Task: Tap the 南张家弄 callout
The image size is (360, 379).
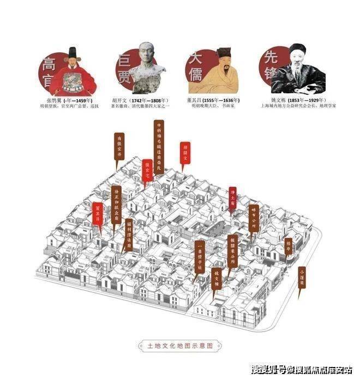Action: click(119, 146)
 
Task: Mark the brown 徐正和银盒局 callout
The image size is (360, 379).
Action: click(116, 204)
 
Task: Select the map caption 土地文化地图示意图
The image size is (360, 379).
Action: click(180, 345)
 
